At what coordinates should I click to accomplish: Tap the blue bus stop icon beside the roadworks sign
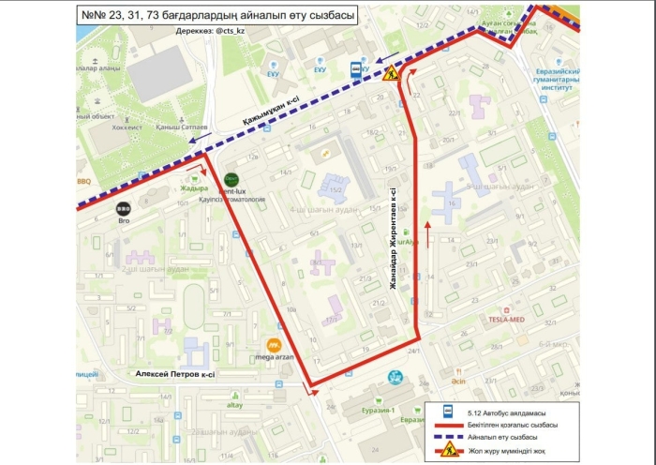click(357, 68)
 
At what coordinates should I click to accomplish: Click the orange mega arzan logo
click(274, 346)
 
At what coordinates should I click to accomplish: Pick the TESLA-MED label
click(506, 318)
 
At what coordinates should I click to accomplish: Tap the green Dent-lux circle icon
click(231, 179)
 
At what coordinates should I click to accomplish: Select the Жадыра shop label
click(194, 187)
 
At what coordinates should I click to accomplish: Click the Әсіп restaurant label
click(457, 382)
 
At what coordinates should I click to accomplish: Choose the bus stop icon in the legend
click(448, 412)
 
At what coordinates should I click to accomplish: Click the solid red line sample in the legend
click(448, 425)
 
